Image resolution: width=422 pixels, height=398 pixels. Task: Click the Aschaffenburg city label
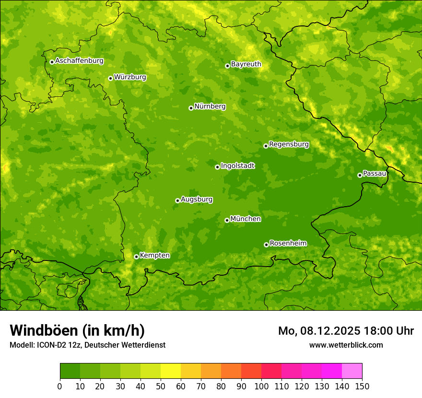79,61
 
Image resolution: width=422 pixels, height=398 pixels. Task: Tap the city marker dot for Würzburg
110,78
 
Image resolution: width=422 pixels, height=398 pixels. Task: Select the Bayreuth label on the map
246,64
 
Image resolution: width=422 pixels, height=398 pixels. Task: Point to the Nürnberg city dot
191,108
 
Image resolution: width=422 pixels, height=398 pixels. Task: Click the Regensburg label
289,144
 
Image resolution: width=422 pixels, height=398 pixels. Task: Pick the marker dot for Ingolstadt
217,167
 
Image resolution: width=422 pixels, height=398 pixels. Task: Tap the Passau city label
375,174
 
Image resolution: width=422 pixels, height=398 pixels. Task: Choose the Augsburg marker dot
177,200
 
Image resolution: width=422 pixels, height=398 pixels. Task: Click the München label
246,219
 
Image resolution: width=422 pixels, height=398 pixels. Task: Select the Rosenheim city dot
266,245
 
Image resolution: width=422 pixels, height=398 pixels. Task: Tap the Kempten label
154,256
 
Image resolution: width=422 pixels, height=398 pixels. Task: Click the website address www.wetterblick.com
346,345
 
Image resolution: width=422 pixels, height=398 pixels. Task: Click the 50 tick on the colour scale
160,386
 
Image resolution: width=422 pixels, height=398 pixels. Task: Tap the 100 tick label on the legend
261,386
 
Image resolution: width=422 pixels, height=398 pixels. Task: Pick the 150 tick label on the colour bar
362,386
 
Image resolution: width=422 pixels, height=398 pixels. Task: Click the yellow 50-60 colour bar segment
170,371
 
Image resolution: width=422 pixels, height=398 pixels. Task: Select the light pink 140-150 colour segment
352,371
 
